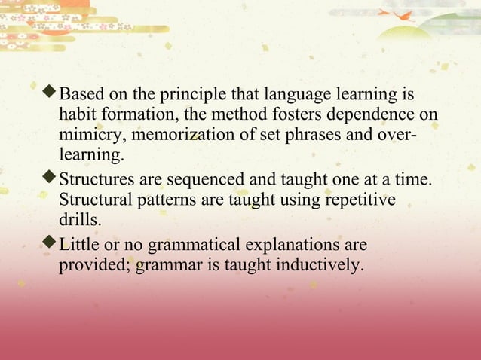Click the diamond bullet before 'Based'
51,95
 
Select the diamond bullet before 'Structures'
51,180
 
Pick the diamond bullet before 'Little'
51,244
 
